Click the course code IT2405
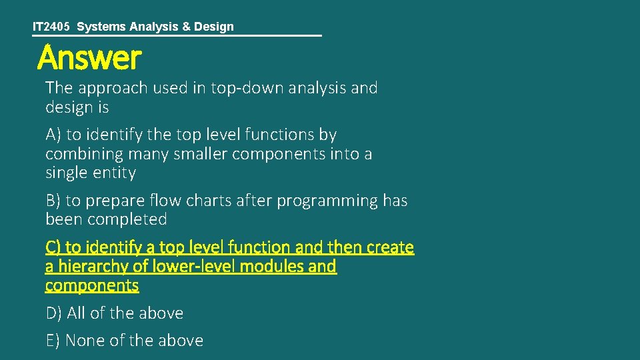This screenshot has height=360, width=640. coord(51,27)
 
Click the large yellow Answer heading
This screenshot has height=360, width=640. coord(89,58)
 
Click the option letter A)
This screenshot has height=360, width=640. coord(53,135)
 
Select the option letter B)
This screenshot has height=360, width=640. coord(53,201)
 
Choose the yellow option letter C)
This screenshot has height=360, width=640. coord(53,247)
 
